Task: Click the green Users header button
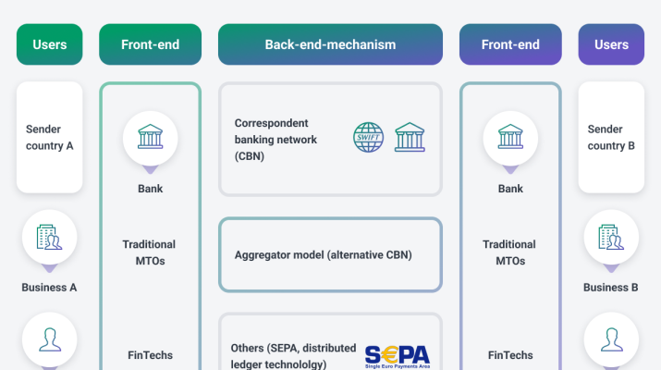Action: pyautogui.click(x=50, y=44)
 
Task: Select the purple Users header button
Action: pyautogui.click(x=611, y=44)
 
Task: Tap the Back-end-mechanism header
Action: pyautogui.click(x=330, y=44)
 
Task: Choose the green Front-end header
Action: pyautogui.click(x=150, y=44)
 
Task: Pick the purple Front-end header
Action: pyautogui.click(x=510, y=44)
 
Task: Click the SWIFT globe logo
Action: pyautogui.click(x=370, y=138)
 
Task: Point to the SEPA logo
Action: pyautogui.click(x=397, y=356)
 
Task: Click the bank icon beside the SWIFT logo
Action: pyautogui.click(x=410, y=138)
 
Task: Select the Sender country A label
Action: pyautogui.click(x=50, y=137)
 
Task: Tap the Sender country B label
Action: pyautogui.click(x=611, y=137)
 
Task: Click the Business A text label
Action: pyautogui.click(x=50, y=287)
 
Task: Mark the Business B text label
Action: pyautogui.click(x=611, y=287)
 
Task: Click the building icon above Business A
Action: pyautogui.click(x=50, y=238)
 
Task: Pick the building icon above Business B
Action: pyautogui.click(x=611, y=238)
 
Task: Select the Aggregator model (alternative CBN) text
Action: pyautogui.click(x=322, y=254)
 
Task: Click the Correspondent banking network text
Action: pyautogui.click(x=275, y=139)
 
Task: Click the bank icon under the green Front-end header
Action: pyautogui.click(x=150, y=139)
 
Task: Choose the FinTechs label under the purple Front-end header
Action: pyautogui.click(x=510, y=355)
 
